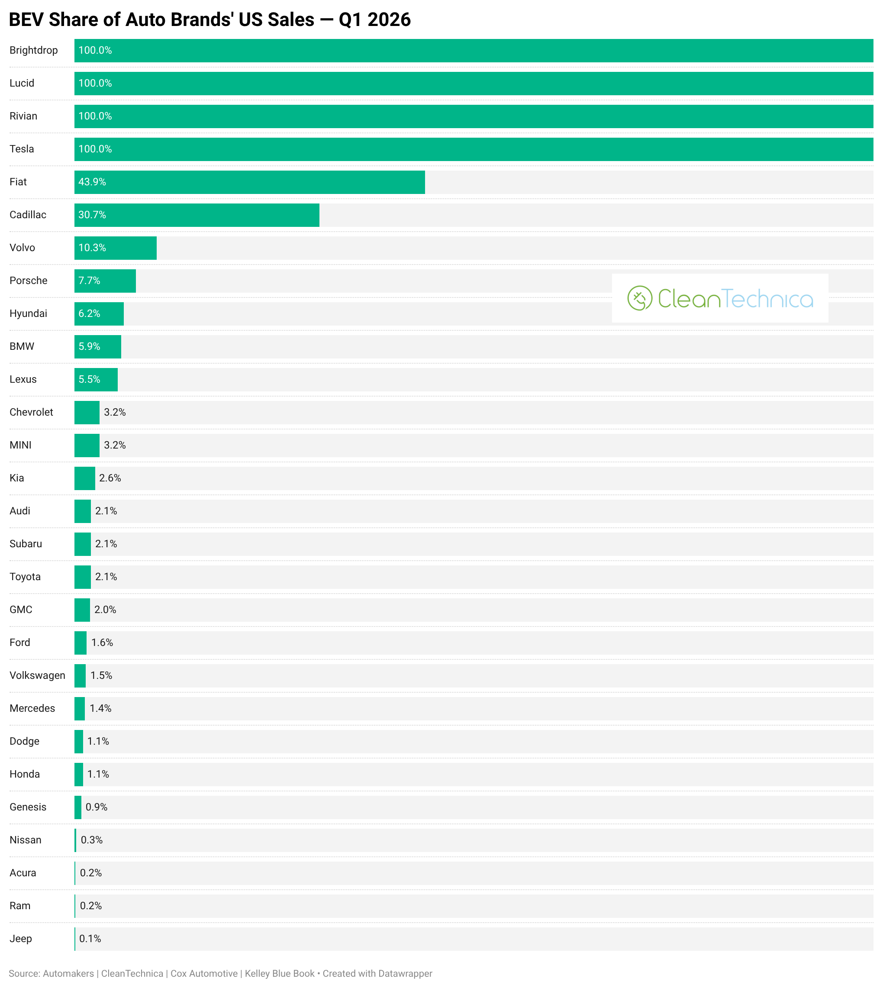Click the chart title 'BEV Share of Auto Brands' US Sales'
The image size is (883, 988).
[x=161, y=20]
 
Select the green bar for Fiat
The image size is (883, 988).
[x=249, y=182]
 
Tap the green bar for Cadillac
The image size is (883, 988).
[x=197, y=215]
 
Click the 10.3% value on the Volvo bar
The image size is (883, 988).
[x=92, y=248]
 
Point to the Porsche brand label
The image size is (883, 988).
[x=29, y=281]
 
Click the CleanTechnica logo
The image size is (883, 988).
[x=720, y=298]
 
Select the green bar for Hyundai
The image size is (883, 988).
[x=99, y=314]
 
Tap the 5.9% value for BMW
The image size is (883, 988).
[x=89, y=346]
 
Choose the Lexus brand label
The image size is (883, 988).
[x=23, y=379]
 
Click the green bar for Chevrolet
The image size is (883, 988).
[x=87, y=413]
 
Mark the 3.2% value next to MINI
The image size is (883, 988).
[x=115, y=445]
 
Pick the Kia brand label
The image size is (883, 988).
[x=17, y=478]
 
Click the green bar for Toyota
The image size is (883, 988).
[x=83, y=577]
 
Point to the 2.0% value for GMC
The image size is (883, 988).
[x=105, y=610]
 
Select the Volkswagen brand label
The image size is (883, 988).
[x=37, y=675]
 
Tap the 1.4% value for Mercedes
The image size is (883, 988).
[x=100, y=708]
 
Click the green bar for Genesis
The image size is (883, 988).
[x=77, y=807]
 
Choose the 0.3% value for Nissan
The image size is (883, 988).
[x=92, y=840]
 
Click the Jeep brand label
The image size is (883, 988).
[x=21, y=939]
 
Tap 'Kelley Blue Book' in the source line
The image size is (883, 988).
[x=280, y=973]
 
